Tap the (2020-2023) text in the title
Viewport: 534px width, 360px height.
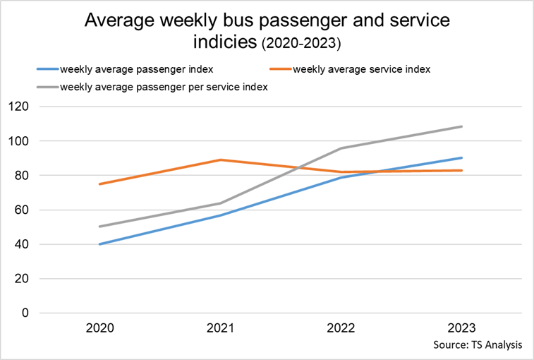301,44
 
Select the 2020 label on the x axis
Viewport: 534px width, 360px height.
100,328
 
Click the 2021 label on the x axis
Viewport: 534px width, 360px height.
221,328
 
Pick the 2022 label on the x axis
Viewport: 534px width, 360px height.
341,328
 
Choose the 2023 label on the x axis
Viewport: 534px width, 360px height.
461,328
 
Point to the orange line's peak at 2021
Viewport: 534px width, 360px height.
221,160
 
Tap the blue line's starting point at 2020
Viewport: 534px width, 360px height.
100,244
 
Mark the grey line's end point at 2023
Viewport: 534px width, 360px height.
461,126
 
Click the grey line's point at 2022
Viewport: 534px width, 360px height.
341,148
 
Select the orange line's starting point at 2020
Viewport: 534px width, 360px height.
100,184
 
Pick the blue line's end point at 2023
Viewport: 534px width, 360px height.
461,157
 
